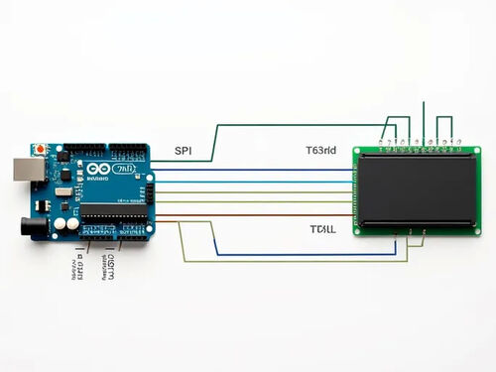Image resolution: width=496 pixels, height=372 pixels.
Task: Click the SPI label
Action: (183, 151)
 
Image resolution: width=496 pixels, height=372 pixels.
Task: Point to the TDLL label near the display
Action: (322, 229)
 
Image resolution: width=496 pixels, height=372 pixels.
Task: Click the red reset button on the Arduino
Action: (39, 150)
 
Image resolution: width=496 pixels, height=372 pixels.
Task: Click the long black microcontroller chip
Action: (110, 210)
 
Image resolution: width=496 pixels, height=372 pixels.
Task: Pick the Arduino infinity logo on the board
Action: (98, 170)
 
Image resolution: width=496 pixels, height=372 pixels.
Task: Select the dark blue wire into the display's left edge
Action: (253, 170)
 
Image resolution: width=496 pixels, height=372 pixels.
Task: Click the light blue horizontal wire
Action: (253, 180)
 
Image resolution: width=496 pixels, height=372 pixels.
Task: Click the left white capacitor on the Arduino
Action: (60, 224)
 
